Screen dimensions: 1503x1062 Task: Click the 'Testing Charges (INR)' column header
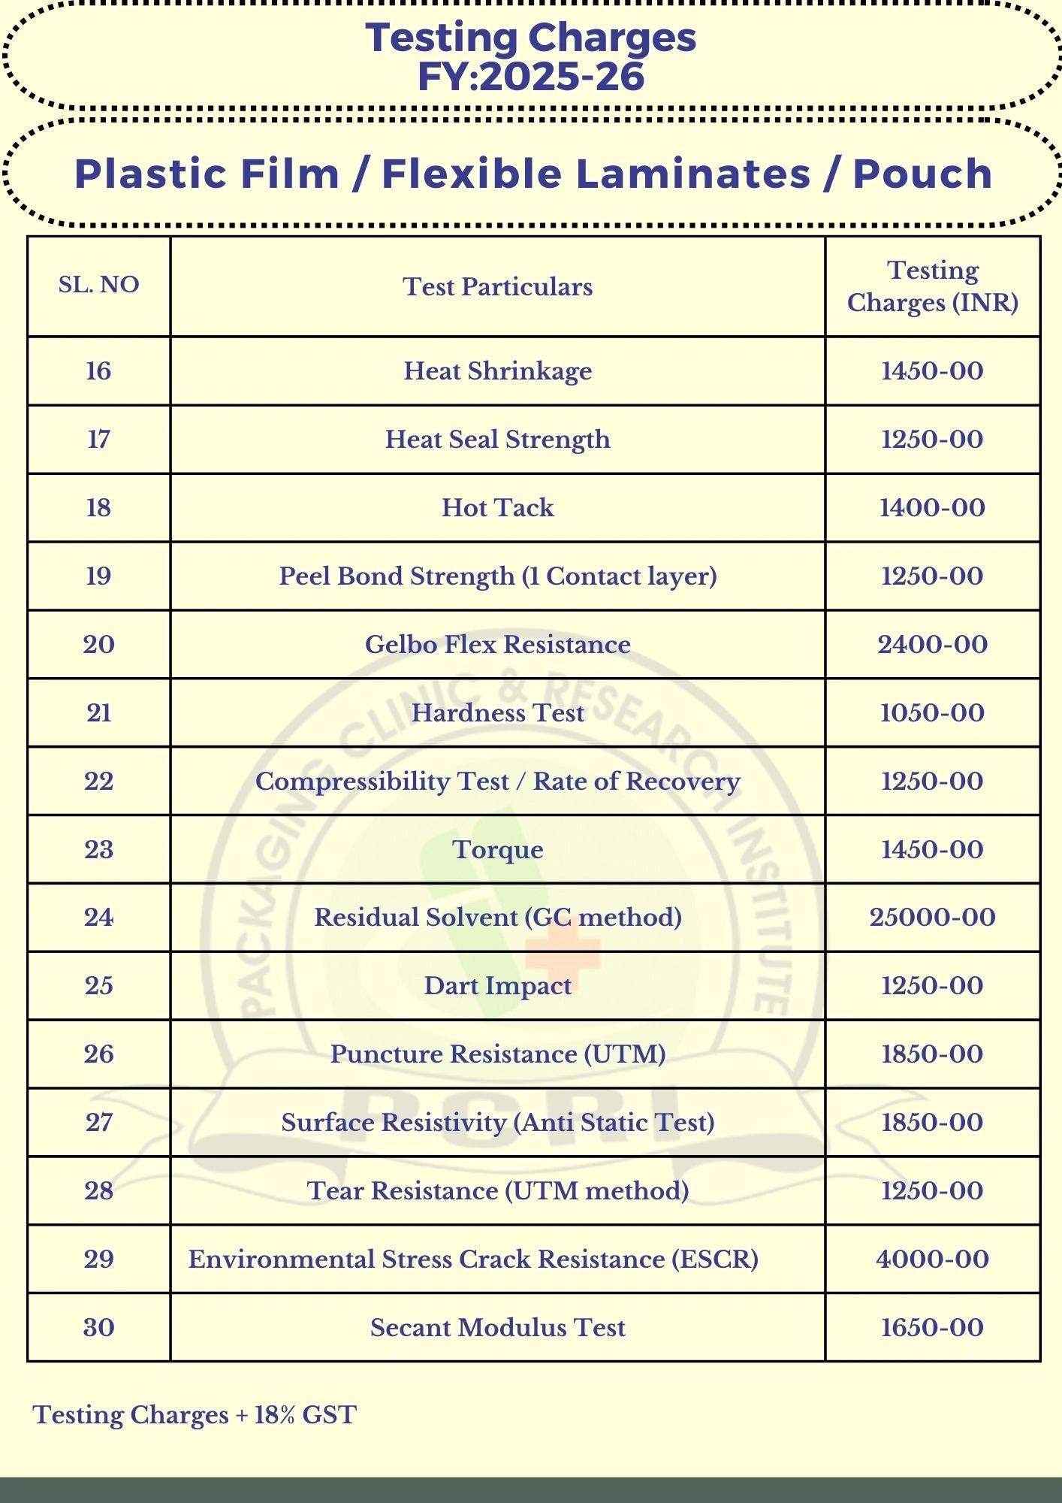[x=932, y=286]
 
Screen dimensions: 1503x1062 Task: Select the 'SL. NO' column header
[x=98, y=285]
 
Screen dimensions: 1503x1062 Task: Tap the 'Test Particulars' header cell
[x=497, y=286]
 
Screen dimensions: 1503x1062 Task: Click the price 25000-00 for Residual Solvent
[x=932, y=917]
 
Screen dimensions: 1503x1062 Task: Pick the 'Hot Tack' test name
[x=497, y=507]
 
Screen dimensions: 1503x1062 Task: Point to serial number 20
[x=98, y=644]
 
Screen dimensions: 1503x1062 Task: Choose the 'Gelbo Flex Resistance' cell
[x=497, y=644]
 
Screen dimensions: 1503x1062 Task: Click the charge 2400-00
[x=932, y=644]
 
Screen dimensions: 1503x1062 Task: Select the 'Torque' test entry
[x=497, y=849]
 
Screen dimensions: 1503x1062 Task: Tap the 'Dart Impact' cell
[x=497, y=985]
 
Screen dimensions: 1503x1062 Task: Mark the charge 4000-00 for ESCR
[x=932, y=1259]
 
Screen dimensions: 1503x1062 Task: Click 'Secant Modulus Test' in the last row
[x=497, y=1327]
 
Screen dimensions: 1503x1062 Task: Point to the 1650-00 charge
[x=932, y=1327]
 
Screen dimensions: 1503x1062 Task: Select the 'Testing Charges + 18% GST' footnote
[x=195, y=1414]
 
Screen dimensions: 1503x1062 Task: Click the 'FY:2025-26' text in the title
[x=531, y=77]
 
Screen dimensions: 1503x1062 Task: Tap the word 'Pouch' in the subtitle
[x=922, y=174]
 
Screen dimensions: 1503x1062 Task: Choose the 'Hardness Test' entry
[x=497, y=712]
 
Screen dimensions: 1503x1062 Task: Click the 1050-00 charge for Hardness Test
[x=932, y=712]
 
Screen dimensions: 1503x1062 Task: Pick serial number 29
[x=98, y=1259]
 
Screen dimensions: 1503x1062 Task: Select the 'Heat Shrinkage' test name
[x=497, y=370]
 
